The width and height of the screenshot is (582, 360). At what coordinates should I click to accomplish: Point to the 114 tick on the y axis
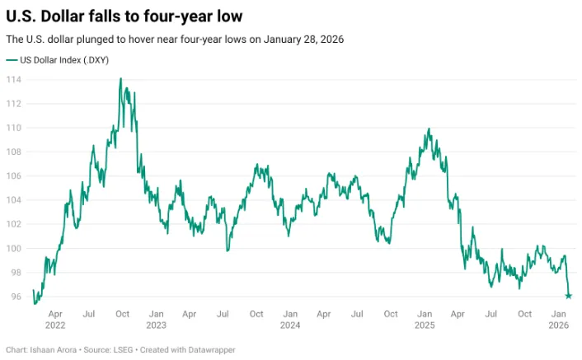tap(14, 80)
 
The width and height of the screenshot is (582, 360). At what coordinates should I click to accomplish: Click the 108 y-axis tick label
tap(14, 152)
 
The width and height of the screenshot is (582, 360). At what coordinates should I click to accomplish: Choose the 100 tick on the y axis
tap(14, 249)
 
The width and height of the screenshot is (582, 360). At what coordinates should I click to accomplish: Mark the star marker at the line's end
tap(569, 296)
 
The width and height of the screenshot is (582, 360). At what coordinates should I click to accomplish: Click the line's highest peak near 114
tap(121, 79)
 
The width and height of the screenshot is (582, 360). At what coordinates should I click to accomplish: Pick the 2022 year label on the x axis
tap(55, 325)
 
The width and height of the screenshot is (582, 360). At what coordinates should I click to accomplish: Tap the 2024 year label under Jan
tap(289, 325)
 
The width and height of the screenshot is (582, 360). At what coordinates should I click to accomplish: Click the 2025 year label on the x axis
tap(425, 325)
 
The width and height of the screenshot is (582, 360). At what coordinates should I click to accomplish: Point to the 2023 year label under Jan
tap(156, 325)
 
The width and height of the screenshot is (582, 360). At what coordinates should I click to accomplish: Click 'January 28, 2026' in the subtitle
tap(303, 40)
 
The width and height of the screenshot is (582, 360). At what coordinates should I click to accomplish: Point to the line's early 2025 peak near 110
tap(429, 129)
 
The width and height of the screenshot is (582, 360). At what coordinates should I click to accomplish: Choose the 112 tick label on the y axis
tap(14, 104)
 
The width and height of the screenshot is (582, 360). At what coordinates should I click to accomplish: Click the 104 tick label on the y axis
tap(14, 200)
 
